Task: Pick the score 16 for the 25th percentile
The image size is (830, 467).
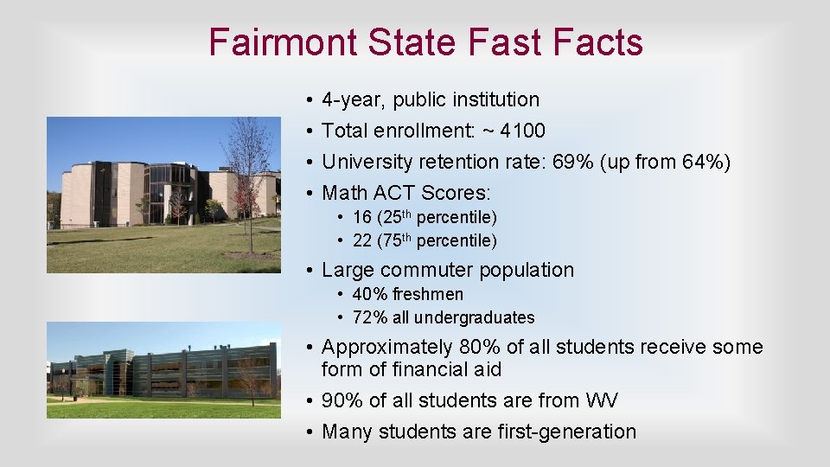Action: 361,217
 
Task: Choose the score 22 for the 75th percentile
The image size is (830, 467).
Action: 361,240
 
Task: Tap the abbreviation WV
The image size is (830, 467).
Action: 601,401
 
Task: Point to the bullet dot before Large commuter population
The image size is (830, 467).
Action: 309,271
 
